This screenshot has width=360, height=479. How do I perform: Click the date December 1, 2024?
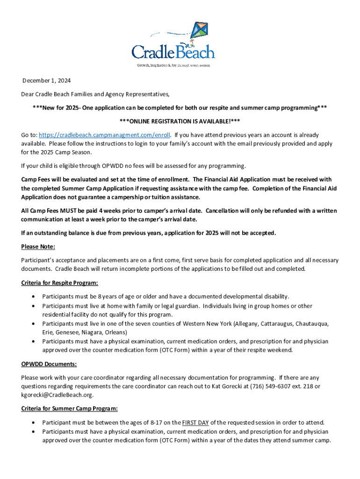(x=46, y=80)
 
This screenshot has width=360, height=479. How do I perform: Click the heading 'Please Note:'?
(x=38, y=247)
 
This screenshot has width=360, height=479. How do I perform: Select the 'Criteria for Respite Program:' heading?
(x=59, y=283)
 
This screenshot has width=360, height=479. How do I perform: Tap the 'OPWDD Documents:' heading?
(x=49, y=364)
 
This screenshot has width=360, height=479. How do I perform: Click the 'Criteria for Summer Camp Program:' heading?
(x=69, y=408)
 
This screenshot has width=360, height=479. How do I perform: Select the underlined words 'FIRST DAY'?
(x=196, y=422)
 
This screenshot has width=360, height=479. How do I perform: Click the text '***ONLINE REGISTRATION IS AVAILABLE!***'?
(x=180, y=121)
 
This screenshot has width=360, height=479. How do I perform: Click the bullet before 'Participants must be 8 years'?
(x=32, y=297)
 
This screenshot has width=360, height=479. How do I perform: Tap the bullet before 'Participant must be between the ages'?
(x=32, y=422)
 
